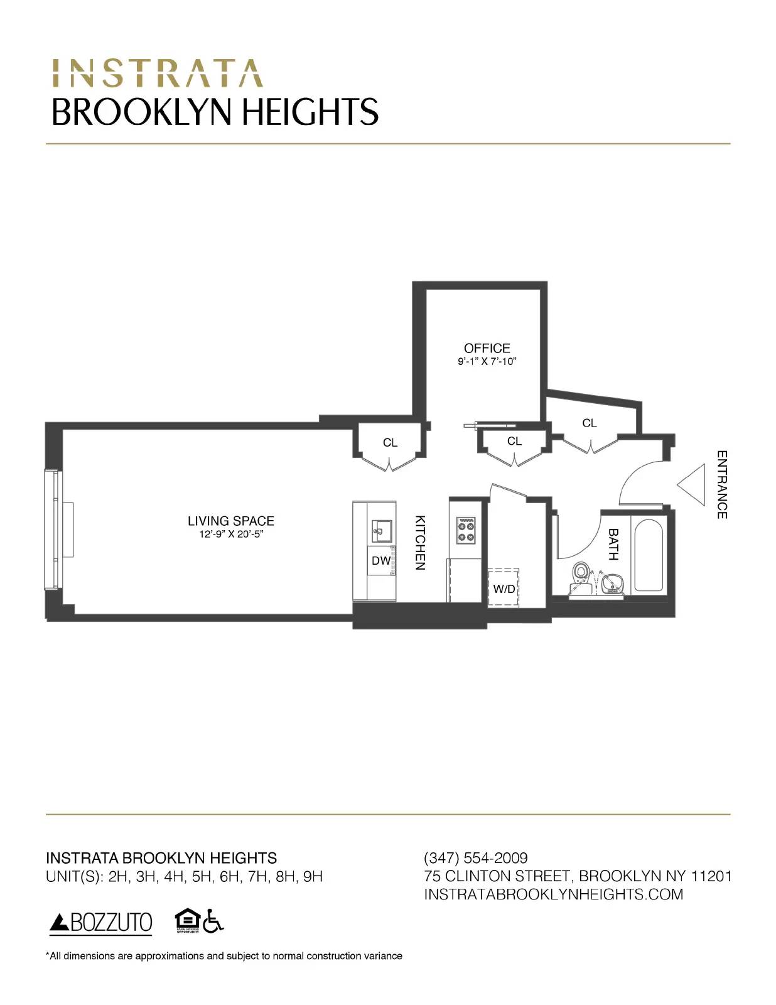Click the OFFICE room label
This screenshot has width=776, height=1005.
(x=487, y=348)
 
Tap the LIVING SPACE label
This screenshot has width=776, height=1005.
(x=230, y=521)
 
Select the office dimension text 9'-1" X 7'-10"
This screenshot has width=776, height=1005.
(x=487, y=362)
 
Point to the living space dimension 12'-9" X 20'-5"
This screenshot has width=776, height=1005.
(x=230, y=535)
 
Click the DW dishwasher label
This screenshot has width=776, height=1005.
(x=380, y=561)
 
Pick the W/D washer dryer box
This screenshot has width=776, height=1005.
(x=504, y=588)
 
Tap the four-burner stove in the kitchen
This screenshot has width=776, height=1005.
(x=466, y=530)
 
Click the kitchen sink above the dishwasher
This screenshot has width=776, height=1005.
(x=381, y=531)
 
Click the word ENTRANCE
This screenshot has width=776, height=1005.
(x=722, y=484)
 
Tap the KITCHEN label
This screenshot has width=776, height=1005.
(x=421, y=543)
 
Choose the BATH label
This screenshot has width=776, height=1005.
(x=613, y=544)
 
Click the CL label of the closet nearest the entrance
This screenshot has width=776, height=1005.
(x=589, y=423)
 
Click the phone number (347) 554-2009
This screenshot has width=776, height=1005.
(x=476, y=858)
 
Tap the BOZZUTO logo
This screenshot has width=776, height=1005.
(x=101, y=923)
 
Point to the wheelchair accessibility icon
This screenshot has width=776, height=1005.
(x=213, y=921)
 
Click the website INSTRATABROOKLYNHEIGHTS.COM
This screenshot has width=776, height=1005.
(x=553, y=894)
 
